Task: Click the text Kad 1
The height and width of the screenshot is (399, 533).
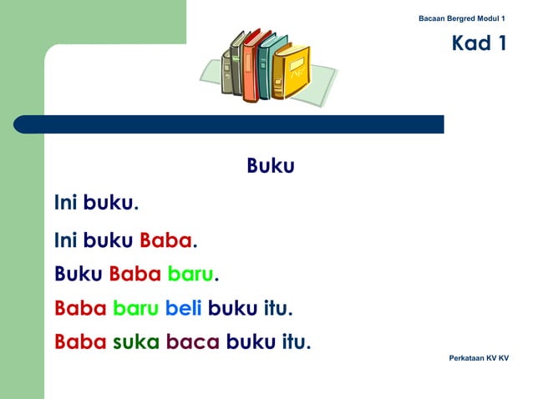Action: coord(480,43)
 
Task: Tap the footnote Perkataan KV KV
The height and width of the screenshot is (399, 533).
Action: coord(479,358)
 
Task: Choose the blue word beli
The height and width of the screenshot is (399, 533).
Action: coord(184,310)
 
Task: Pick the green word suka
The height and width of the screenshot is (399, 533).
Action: coord(135,341)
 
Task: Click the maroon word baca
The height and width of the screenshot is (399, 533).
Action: coord(193,341)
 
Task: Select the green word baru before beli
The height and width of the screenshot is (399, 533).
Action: coord(136,310)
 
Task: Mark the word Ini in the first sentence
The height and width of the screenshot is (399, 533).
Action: coord(65,203)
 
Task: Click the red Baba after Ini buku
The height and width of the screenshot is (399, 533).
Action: coord(166,241)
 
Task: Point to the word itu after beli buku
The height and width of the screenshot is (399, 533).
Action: coord(277,310)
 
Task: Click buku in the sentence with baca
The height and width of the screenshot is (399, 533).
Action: coord(250,341)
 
